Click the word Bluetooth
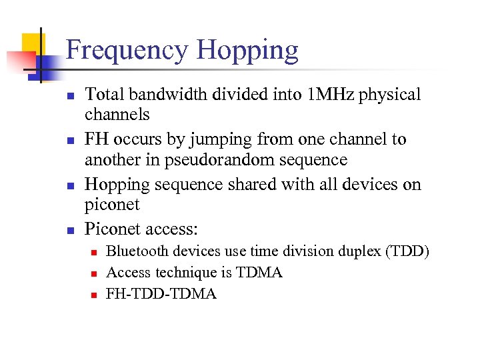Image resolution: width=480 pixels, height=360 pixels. tap(137, 251)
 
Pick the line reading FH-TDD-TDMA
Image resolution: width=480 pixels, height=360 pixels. tap(161, 293)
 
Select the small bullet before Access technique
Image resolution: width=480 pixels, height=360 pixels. tap(95, 273)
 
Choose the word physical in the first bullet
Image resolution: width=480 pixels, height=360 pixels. tap(390, 95)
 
